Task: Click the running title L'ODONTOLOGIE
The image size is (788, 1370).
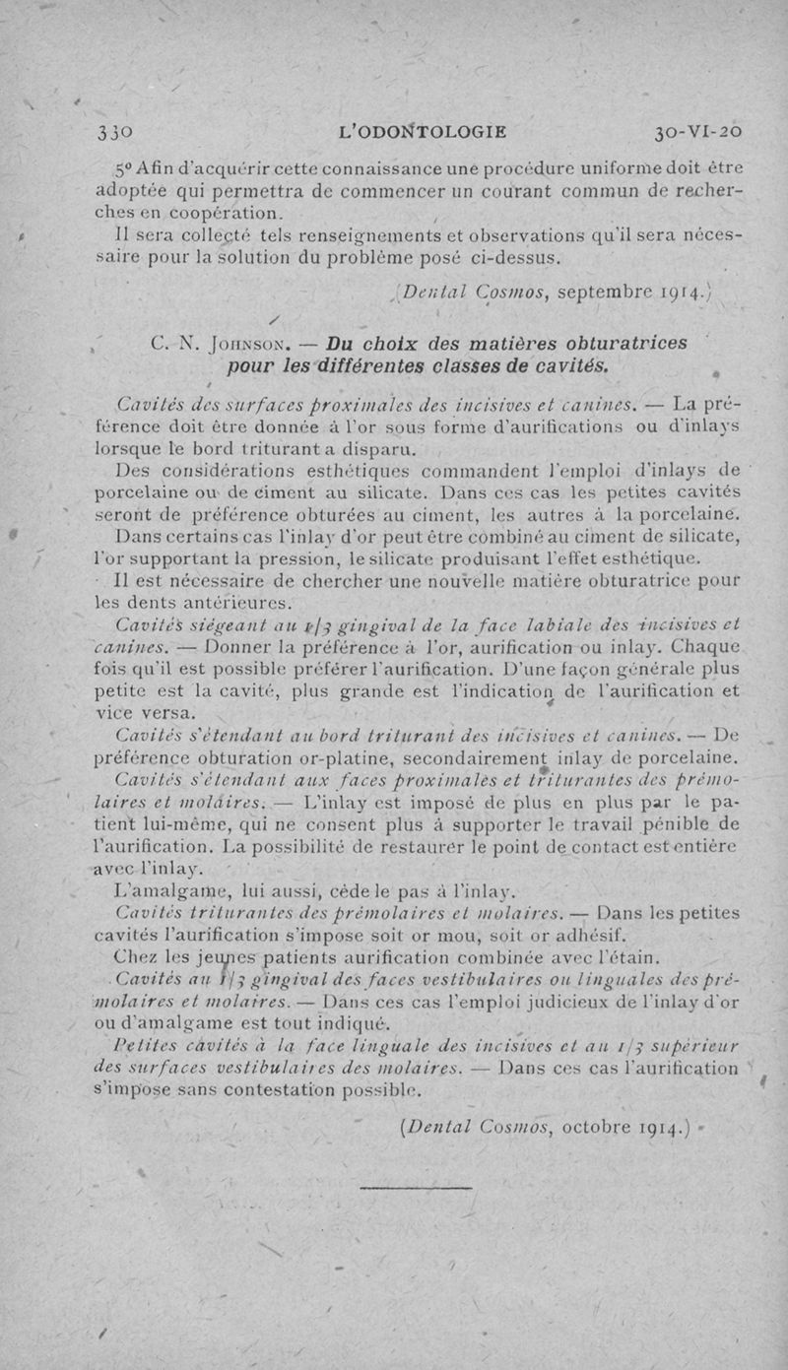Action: [x=422, y=131]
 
